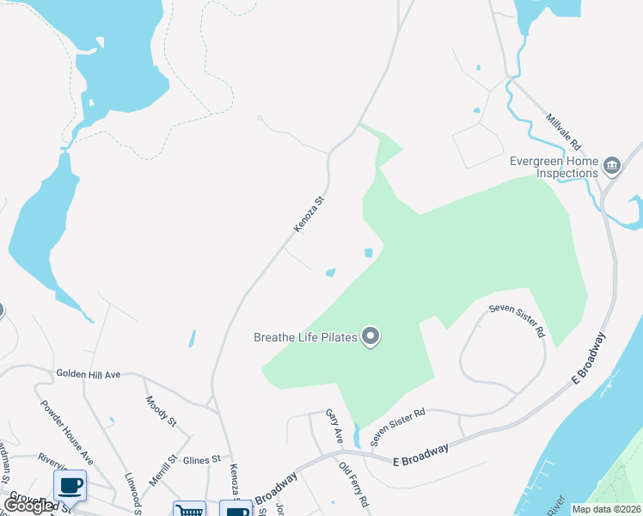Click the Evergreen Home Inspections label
click(554, 166)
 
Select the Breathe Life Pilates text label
click(305, 337)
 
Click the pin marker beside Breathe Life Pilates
click(370, 336)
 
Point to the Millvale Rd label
click(564, 132)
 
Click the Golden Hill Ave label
click(89, 374)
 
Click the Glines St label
click(203, 459)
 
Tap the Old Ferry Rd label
click(353, 484)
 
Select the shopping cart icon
click(189, 508)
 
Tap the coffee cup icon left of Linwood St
click(70, 486)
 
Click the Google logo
click(29, 506)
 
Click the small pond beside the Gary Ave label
click(356, 436)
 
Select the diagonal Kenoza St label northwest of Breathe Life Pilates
click(309, 214)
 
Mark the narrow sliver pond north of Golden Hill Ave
click(192, 339)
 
